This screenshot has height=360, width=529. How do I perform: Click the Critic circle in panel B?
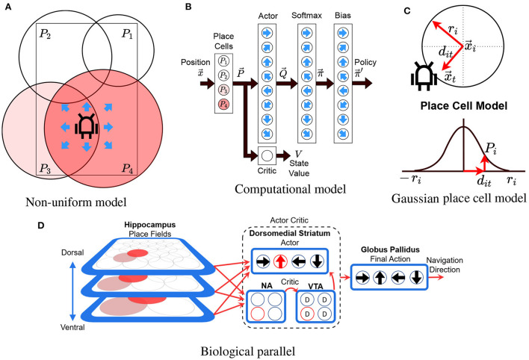click(x=265, y=156)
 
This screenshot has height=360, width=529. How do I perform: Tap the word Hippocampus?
click(x=139, y=225)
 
